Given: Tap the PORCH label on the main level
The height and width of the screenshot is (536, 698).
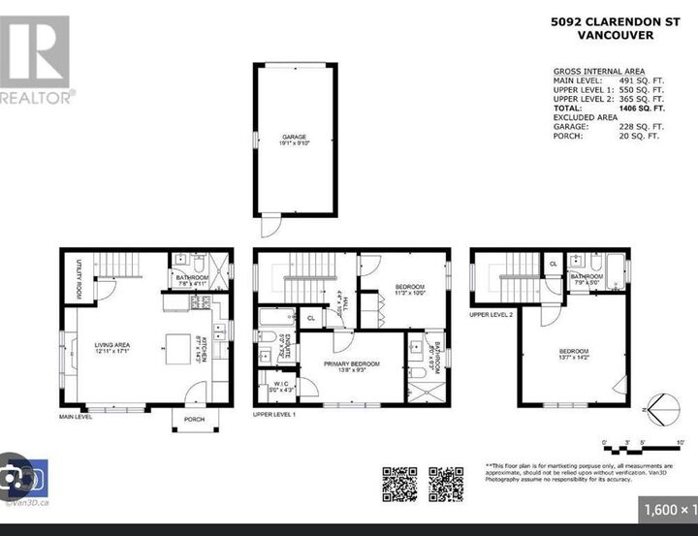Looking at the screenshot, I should [195, 419].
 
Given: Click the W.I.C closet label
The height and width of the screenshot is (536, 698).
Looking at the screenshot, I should [278, 387].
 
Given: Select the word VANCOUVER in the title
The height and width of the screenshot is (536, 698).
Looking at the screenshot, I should [615, 35].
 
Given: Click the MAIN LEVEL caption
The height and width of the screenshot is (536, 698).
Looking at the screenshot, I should [75, 417].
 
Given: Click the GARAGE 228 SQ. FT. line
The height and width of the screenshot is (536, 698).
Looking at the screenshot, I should [609, 127].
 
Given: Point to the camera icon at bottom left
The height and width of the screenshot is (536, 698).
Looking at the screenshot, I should [24, 479].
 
